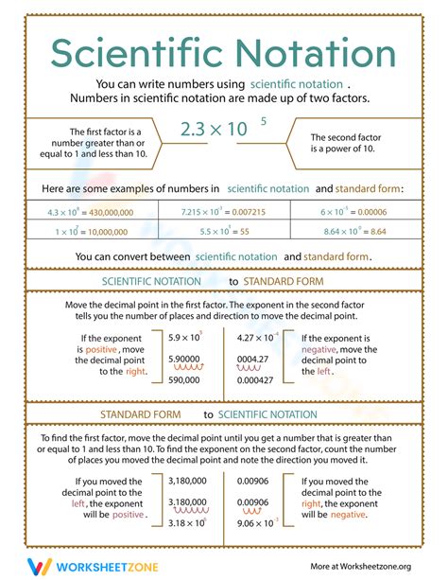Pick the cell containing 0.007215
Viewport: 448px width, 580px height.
[224, 213]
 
